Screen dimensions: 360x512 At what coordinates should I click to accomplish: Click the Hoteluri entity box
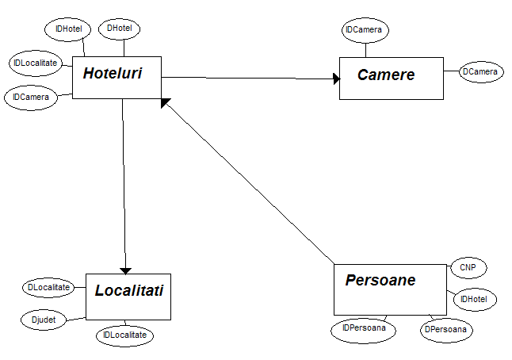click(x=117, y=77)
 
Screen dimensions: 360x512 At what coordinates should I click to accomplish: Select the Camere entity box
click(x=391, y=78)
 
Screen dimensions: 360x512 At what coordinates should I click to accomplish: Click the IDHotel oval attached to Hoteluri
click(x=68, y=29)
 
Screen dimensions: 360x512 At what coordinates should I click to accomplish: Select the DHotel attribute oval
click(x=120, y=29)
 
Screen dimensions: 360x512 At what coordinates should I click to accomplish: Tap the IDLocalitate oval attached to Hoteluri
click(x=35, y=63)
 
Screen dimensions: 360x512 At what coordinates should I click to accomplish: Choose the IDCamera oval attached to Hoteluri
click(x=31, y=98)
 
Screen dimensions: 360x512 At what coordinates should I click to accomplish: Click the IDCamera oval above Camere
click(x=365, y=30)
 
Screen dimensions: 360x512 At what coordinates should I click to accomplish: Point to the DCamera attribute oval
click(x=481, y=72)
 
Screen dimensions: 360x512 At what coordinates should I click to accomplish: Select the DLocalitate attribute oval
click(x=48, y=287)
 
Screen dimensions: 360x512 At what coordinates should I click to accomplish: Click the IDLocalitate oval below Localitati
click(x=125, y=335)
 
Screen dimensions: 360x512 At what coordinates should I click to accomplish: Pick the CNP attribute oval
click(x=468, y=268)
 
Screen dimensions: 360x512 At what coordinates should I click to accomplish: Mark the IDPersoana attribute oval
click(x=364, y=327)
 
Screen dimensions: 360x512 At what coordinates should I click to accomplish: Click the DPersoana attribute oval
click(x=448, y=328)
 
